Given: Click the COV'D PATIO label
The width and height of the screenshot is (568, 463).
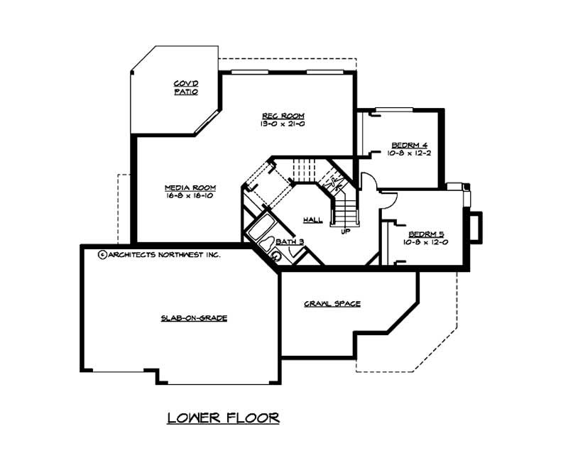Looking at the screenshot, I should click(185, 88).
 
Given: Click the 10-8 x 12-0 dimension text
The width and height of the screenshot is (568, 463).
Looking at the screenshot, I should click(426, 242).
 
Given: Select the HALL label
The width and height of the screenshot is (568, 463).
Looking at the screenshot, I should click(312, 220).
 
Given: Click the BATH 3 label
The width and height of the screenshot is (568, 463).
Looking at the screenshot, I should click(290, 242).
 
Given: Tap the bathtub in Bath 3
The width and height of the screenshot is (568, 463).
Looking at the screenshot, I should click(260, 229).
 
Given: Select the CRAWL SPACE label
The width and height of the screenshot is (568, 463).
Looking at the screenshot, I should click(332, 304).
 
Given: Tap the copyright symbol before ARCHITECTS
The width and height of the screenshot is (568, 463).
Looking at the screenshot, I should click(102, 254).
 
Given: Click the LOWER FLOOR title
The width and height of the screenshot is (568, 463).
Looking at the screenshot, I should click(223, 418).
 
